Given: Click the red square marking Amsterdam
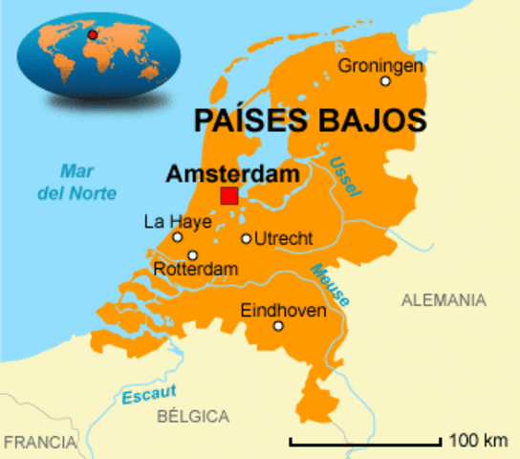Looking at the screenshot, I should click(x=229, y=196).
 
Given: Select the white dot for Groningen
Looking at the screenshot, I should click(x=385, y=81).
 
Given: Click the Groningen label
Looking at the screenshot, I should click(x=379, y=65).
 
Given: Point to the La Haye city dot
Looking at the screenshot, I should click(x=177, y=237).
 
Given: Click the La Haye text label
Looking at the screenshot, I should click(x=170, y=221).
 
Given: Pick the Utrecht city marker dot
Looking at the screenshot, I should click(x=246, y=239).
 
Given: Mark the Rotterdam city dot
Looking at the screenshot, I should click(x=192, y=255).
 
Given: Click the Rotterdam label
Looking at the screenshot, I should click(x=195, y=272).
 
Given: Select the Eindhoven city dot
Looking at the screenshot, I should click(x=278, y=326).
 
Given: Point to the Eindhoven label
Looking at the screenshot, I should click(x=283, y=311).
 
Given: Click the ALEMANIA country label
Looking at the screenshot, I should click(x=443, y=300).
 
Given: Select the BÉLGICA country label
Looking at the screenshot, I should click(x=193, y=416).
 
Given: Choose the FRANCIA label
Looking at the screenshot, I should click(x=39, y=443).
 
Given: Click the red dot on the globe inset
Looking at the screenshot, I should click(x=93, y=35).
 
